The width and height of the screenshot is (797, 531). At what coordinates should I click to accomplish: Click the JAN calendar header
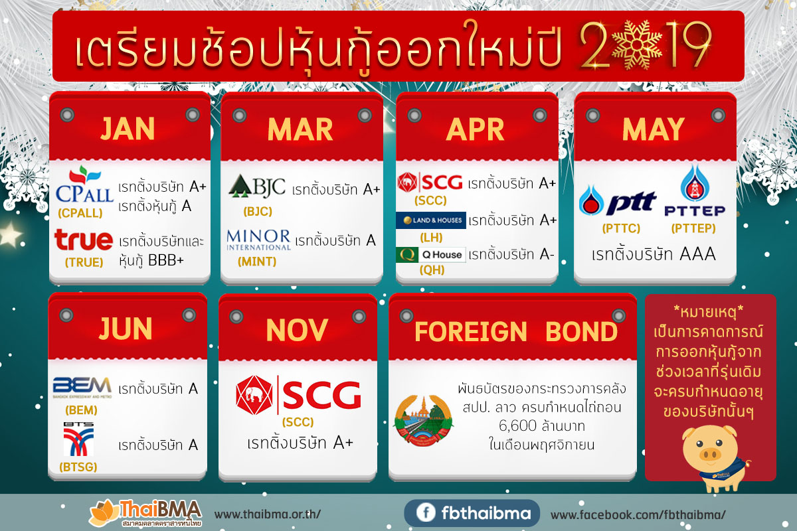click(130, 129)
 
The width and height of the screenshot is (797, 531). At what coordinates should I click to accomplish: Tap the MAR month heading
click(300, 130)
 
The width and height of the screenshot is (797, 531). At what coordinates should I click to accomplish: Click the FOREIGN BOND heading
click(515, 332)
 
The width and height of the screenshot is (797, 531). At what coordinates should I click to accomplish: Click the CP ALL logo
click(88, 187)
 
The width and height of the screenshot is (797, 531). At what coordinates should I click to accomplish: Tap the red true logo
click(84, 240)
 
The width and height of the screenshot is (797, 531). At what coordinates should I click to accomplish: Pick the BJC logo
click(256, 188)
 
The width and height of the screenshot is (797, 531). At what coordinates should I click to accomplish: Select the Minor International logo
click(258, 239)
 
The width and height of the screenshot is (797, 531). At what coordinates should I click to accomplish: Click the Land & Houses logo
click(430, 220)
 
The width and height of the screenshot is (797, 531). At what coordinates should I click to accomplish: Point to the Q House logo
click(430, 255)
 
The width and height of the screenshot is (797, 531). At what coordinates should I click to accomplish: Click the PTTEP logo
click(695, 192)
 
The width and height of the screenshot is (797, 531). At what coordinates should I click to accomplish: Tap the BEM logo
click(82, 386)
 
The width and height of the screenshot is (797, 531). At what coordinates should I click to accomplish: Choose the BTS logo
click(78, 439)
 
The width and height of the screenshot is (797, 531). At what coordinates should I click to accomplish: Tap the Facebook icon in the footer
click(422, 514)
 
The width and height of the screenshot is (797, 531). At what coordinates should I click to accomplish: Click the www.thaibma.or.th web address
click(268, 514)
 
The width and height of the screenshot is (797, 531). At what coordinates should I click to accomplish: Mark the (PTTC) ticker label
click(620, 228)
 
